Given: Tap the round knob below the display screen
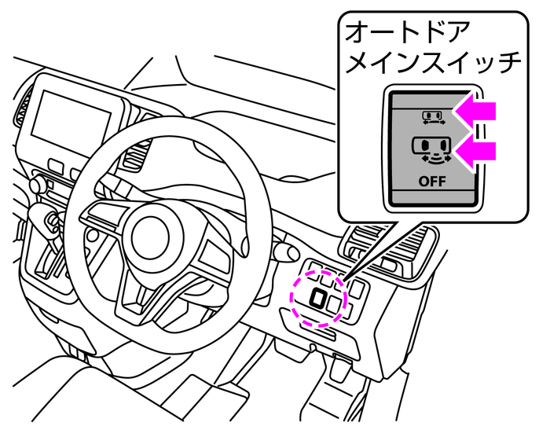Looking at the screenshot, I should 36,184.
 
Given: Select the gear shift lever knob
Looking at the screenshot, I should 49,221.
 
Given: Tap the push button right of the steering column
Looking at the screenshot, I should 280,250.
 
